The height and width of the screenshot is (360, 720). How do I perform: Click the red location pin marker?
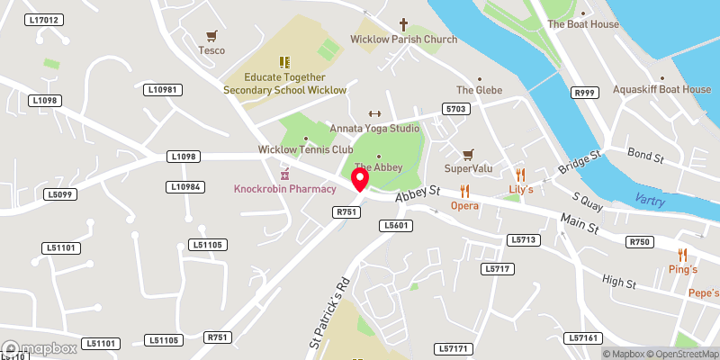360,179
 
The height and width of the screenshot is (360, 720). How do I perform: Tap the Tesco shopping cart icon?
211,37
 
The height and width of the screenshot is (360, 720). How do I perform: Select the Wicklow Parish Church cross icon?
403,24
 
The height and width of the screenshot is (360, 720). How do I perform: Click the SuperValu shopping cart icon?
467,155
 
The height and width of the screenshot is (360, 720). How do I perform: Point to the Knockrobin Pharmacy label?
284,188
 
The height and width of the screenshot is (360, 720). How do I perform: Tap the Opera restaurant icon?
464,191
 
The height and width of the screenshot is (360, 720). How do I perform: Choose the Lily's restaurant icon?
520,175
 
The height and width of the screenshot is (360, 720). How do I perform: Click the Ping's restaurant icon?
682,255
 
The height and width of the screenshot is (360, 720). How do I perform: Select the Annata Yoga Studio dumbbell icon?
374,113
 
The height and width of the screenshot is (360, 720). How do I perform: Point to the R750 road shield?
640,241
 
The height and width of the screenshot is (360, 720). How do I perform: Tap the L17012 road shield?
43,20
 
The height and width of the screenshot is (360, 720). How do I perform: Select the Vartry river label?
650,201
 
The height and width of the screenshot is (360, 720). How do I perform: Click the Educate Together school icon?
284,62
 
